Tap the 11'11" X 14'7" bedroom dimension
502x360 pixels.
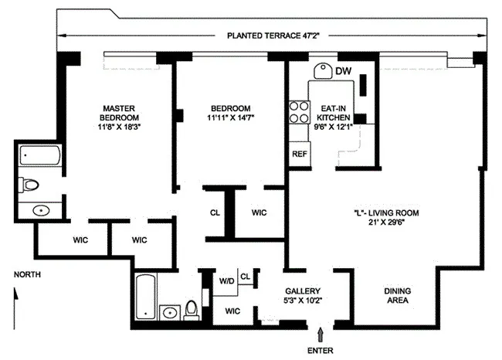(x=231, y=118)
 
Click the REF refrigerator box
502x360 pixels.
(x=299, y=153)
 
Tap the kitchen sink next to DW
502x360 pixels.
(x=323, y=72)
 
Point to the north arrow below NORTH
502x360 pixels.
(x=14, y=294)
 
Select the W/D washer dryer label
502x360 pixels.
(x=227, y=280)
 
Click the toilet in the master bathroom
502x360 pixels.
(x=31, y=185)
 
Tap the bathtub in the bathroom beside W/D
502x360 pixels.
(x=146, y=297)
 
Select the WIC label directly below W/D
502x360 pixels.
(x=232, y=310)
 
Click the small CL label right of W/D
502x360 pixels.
(x=245, y=276)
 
